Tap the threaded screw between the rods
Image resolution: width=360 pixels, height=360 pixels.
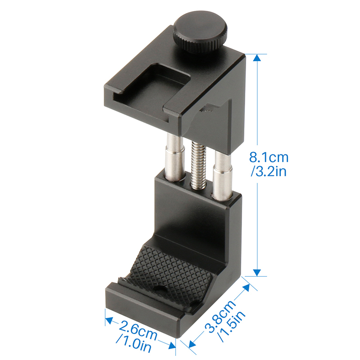click(x=199, y=164)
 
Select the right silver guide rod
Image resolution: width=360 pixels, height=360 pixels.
click(x=223, y=175)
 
